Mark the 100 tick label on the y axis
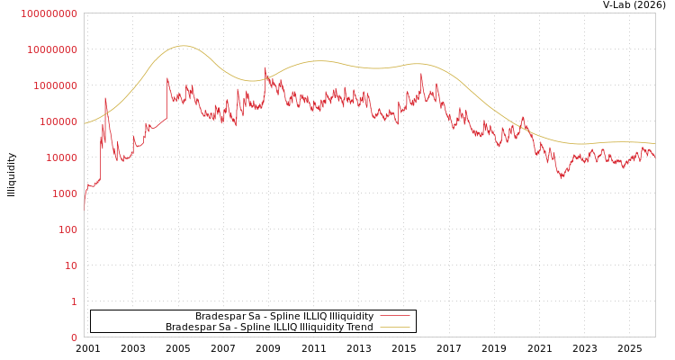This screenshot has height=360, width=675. (x=67, y=229)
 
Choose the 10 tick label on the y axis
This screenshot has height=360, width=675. (x=71, y=265)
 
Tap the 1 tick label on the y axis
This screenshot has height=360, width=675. (x=74, y=301)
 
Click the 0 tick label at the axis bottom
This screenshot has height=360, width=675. (x=74, y=337)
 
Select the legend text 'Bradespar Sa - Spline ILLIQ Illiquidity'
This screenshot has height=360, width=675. (x=284, y=317)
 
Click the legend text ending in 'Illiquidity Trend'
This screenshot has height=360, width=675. (x=269, y=328)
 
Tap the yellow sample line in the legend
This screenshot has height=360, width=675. (x=395, y=328)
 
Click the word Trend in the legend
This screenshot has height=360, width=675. (x=360, y=328)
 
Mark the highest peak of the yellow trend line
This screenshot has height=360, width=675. (x=183, y=46)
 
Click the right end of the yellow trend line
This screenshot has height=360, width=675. (x=654, y=143)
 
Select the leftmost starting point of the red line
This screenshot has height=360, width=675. (x=85, y=206)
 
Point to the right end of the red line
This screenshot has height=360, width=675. (x=654, y=156)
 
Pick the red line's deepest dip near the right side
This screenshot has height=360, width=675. (x=562, y=176)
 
